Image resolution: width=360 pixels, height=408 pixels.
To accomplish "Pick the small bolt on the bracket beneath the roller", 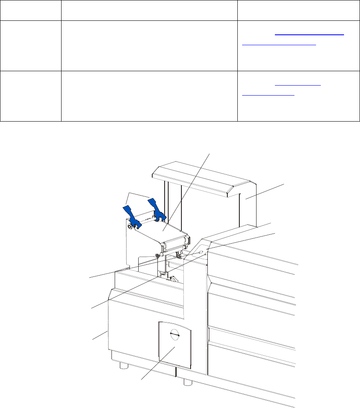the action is tap(157, 256).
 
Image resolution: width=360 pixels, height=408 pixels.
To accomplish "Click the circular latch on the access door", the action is tap(175, 334).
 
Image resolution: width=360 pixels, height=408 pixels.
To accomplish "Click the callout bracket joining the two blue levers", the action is tap(138, 195).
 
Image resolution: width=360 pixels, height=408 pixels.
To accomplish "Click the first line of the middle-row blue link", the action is tap(309, 34).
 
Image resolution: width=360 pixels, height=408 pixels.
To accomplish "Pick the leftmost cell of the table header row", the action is tap(30, 10).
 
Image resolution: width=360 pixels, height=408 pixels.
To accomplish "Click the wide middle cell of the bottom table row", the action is tap(149, 96).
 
